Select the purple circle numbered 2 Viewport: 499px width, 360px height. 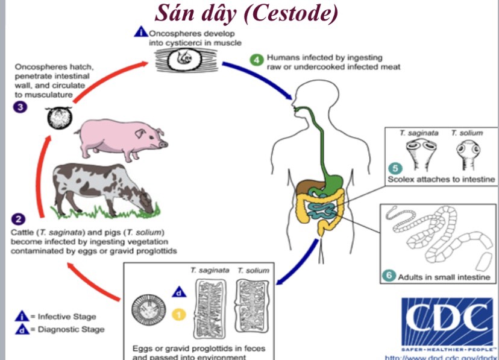point(18,218)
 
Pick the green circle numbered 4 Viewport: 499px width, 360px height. point(256,58)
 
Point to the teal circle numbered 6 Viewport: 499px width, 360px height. point(389,276)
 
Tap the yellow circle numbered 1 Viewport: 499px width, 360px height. point(178,314)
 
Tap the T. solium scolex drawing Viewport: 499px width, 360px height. point(463,156)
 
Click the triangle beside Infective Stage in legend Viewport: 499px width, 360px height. point(22,316)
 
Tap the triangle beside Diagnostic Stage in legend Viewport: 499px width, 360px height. point(22,329)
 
